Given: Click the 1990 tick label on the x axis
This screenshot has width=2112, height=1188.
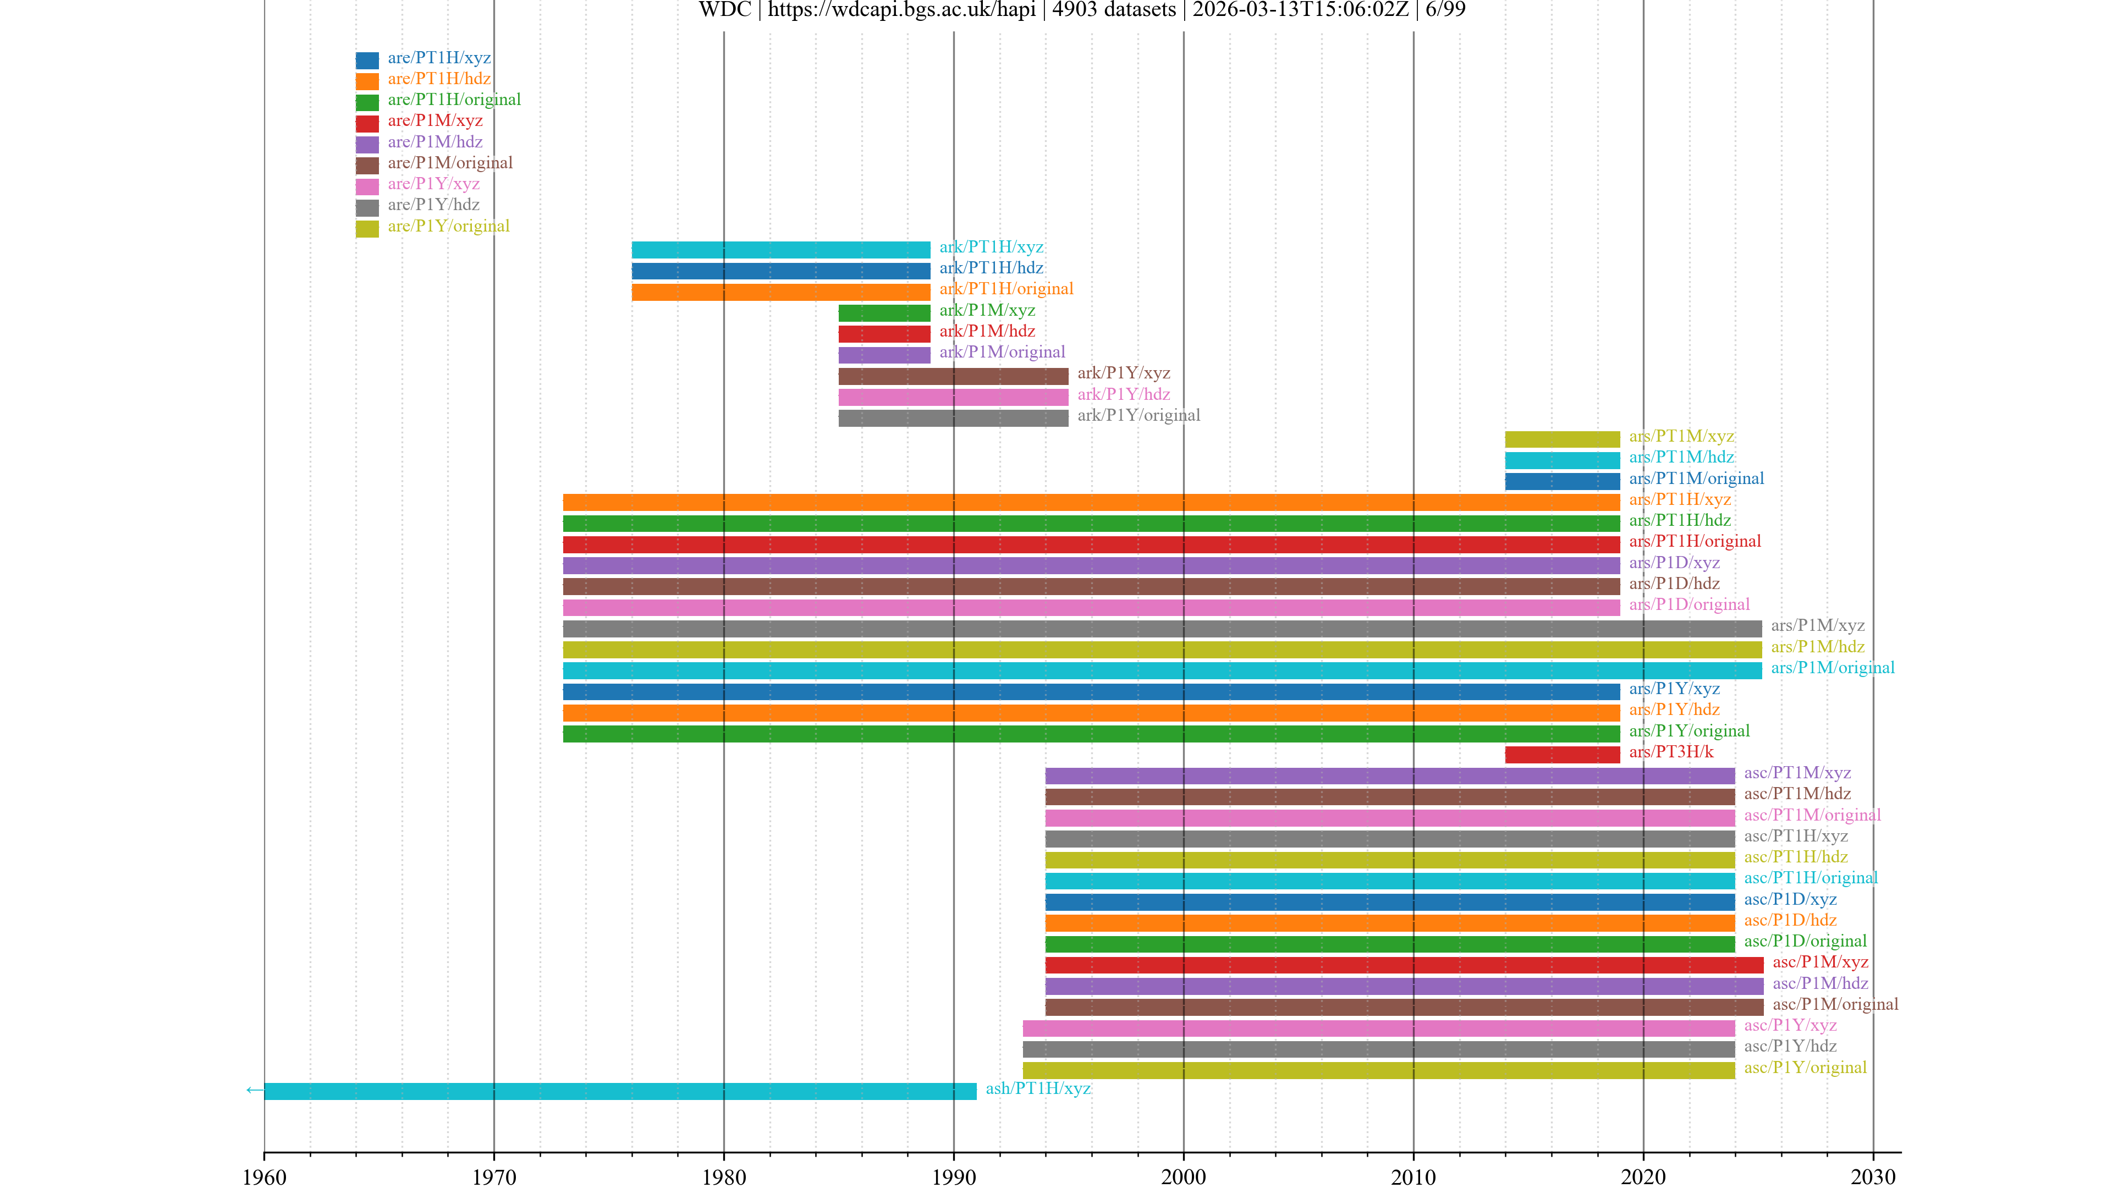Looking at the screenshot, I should [954, 1176].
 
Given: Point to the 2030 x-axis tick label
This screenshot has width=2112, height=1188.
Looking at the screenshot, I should [1873, 1176].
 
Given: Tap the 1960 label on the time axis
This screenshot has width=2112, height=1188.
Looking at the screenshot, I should [264, 1176].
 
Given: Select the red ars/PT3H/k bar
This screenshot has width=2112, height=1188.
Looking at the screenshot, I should [1562, 754].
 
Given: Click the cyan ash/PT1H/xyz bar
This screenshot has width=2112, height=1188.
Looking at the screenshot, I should [620, 1091].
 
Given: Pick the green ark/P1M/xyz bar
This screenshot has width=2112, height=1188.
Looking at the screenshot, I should [884, 312].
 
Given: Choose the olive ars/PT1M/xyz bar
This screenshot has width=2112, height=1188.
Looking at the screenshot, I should [1562, 439].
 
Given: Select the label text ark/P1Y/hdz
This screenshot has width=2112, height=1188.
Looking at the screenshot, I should [1123, 394].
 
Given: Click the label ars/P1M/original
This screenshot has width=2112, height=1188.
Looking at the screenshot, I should [1833, 667].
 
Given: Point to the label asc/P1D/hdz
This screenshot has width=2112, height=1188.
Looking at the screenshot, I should [1790, 920].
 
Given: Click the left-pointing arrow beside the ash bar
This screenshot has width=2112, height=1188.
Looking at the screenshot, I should [254, 1090].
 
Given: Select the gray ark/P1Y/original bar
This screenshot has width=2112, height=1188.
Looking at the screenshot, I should [953, 418].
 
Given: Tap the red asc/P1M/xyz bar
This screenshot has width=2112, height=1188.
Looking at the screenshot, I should [1404, 964].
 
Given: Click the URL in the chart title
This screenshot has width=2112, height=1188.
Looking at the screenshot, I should [901, 10].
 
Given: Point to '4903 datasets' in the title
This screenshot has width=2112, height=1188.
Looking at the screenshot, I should [1113, 10].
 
